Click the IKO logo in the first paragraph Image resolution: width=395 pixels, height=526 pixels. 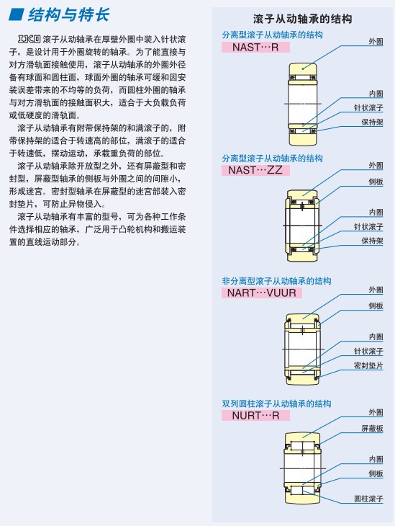coord(29,39)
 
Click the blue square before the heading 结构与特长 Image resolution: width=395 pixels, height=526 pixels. coord(16,14)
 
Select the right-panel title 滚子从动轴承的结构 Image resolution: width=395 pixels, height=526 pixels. coord(302,19)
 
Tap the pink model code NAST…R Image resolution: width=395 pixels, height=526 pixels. coord(255,48)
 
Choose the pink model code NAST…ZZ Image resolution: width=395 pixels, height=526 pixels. coord(255,170)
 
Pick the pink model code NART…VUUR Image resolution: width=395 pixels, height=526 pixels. coord(262,293)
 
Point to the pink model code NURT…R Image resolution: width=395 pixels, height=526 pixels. coord(255,416)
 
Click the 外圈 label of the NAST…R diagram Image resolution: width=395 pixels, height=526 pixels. coord(376,41)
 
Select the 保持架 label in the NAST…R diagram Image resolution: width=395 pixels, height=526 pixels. coord(372,122)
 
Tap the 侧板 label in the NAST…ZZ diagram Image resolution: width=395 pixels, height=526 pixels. coord(376,182)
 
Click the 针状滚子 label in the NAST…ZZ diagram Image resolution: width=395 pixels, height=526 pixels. coord(368,227)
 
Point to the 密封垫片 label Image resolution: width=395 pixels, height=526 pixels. coord(368,365)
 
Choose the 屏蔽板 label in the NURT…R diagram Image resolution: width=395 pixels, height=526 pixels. coord(372,429)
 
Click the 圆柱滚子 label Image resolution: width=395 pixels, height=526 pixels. coord(368,499)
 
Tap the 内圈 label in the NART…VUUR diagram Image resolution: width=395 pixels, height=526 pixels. coord(376,336)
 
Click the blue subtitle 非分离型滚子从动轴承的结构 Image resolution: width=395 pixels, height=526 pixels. coord(276,281)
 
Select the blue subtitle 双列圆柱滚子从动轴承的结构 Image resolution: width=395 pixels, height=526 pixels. coord(276,404)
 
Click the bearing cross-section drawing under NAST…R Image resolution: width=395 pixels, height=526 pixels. coord(303,104)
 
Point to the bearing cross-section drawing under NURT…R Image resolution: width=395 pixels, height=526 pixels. coord(303,468)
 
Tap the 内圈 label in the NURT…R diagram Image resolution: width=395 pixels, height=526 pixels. coord(376,459)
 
